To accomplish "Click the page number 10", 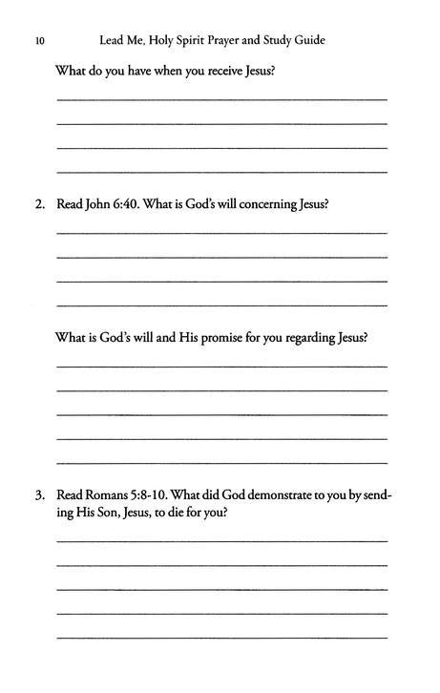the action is (x=38, y=41).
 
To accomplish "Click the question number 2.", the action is (x=39, y=203).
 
